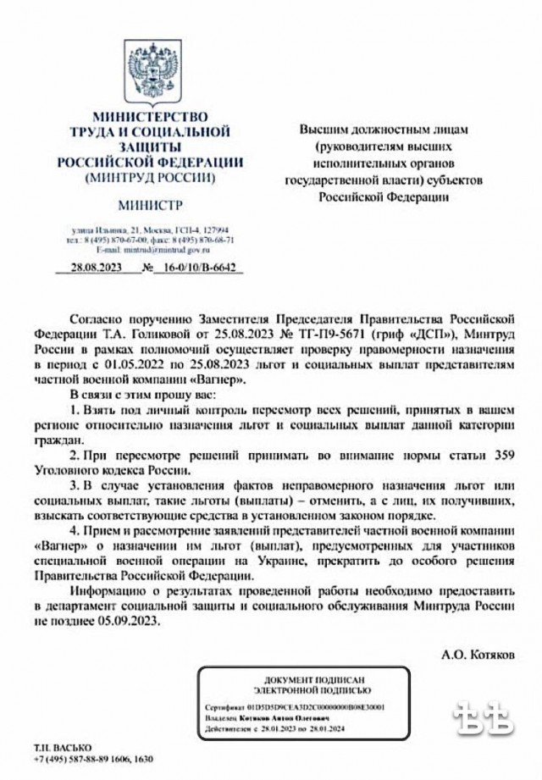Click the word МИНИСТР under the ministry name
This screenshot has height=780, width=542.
coord(149,205)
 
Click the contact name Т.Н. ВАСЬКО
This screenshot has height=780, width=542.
coord(56,749)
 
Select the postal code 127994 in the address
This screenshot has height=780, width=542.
coord(223,230)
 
